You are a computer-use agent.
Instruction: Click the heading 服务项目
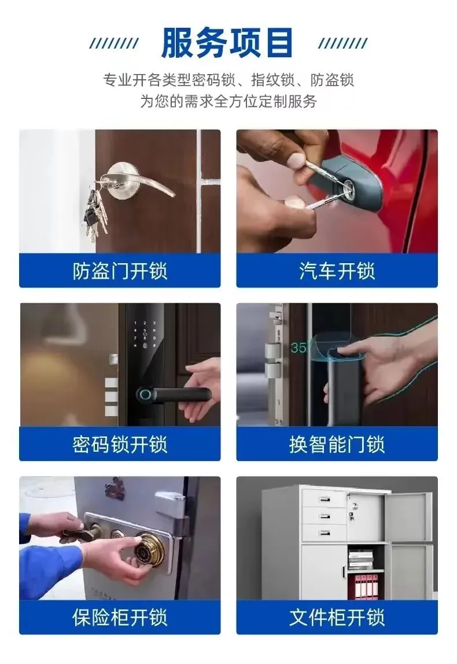(227, 42)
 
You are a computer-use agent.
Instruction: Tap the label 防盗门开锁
(120, 271)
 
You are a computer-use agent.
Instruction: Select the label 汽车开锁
(337, 271)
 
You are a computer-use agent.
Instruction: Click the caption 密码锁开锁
(120, 444)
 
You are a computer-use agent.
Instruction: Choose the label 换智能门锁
(337, 444)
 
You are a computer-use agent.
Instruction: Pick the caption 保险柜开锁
(120, 617)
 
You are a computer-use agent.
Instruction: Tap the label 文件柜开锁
(337, 617)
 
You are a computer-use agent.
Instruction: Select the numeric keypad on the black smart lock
(145, 334)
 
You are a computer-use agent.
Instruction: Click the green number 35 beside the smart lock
(298, 348)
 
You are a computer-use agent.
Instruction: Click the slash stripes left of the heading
(114, 43)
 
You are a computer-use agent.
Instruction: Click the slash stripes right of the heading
(342, 43)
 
